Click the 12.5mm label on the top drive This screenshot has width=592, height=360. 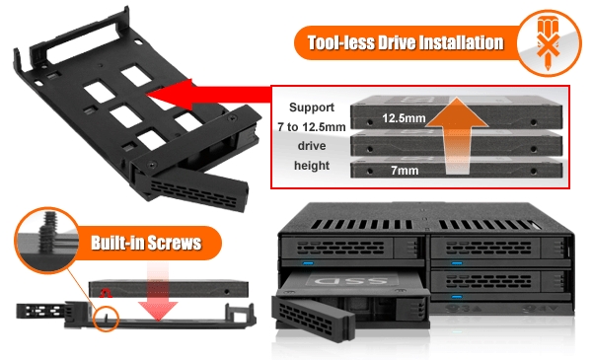[x=404, y=118]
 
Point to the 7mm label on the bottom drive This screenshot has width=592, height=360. [x=405, y=171]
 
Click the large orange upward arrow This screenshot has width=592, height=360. [x=457, y=136]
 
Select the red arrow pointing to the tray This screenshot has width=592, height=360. [x=209, y=95]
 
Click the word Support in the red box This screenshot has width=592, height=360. [x=312, y=108]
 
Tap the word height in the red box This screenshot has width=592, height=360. [x=312, y=166]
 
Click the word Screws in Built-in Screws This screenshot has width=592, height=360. [x=174, y=243]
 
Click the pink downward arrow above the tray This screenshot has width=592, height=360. [x=158, y=291]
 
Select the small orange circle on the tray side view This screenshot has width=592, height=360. [x=107, y=320]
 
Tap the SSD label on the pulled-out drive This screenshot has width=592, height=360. [x=351, y=280]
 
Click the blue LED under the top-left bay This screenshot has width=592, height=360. [x=308, y=263]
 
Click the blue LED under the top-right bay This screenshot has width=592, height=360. [x=457, y=263]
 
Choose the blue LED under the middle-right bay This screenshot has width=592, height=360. [x=457, y=297]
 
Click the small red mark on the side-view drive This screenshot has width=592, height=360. [x=106, y=293]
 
